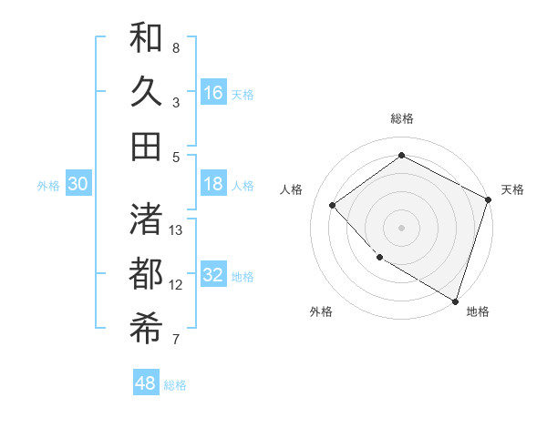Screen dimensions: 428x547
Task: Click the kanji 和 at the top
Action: point(146,37)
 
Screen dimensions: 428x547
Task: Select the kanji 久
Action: point(146,91)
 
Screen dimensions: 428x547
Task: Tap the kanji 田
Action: point(146,146)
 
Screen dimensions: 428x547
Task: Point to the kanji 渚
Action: point(146,219)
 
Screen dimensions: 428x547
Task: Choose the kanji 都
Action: point(146,274)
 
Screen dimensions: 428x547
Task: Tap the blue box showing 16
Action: point(213,93)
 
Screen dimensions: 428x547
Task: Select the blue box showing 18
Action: point(213,184)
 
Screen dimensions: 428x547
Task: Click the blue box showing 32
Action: point(213,276)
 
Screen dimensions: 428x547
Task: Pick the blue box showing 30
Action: point(78,184)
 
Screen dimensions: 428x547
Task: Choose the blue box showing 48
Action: point(146,383)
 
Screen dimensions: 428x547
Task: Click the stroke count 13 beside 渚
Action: point(177,230)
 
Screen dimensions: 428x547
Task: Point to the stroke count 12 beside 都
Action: point(177,285)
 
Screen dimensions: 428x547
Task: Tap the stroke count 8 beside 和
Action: point(176,47)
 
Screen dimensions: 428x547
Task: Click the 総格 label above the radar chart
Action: point(402,118)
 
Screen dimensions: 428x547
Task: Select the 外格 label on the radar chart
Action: point(321,311)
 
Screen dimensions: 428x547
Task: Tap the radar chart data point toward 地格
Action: point(455,300)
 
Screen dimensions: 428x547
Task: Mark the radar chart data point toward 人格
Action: point(333,206)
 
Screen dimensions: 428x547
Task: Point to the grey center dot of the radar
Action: point(402,227)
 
